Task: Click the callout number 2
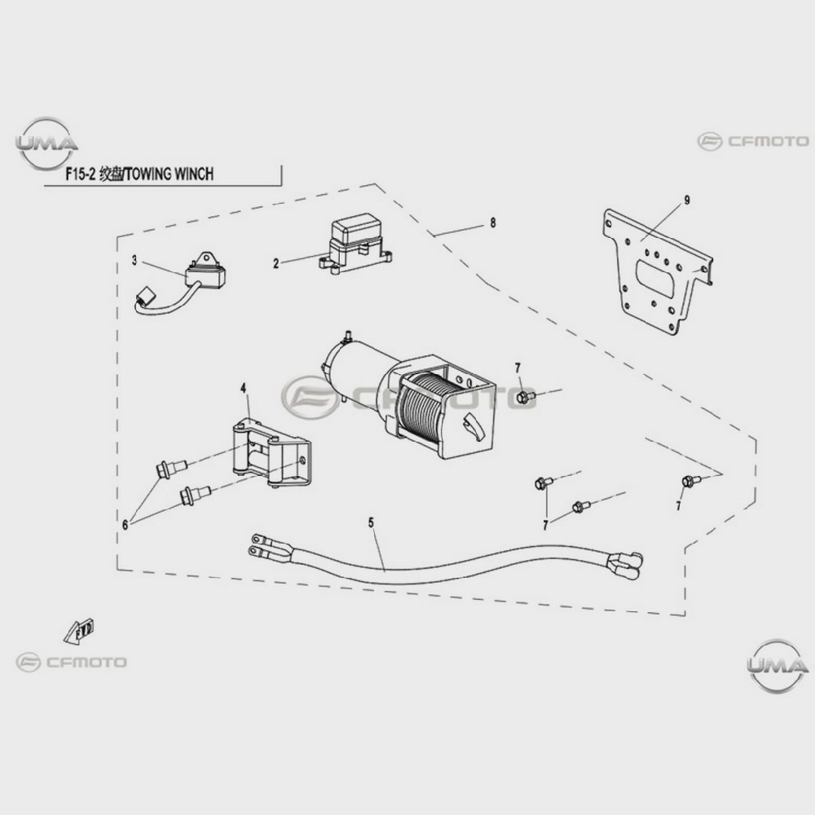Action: click(x=276, y=263)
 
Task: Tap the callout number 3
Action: click(x=134, y=261)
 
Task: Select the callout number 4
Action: click(x=243, y=388)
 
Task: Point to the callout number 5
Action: click(x=371, y=522)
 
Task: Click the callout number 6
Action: click(x=126, y=525)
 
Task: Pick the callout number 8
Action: click(x=493, y=223)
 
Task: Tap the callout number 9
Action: click(x=687, y=200)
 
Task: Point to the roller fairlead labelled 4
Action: click(x=271, y=452)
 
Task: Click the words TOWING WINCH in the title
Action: click(x=170, y=174)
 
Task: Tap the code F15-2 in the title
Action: click(x=80, y=174)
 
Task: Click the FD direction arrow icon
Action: click(x=79, y=631)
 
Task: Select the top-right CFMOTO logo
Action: click(x=753, y=141)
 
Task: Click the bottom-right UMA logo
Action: click(x=777, y=666)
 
